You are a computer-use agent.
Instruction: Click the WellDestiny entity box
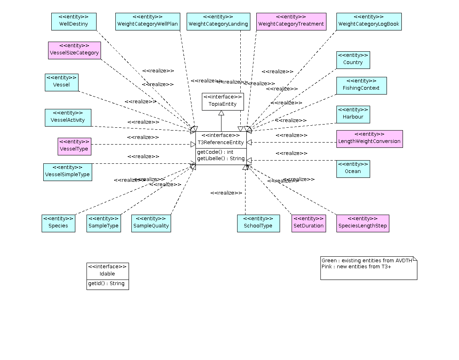(x=74, y=21)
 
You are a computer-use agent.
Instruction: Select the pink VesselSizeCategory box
(x=74, y=50)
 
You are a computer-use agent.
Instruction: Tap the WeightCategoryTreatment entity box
(x=291, y=21)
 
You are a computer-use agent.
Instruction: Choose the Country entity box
(x=353, y=60)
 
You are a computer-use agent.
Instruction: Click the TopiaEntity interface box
(x=222, y=101)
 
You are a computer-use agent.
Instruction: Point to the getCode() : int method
(x=215, y=152)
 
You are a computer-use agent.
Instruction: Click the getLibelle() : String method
(x=221, y=159)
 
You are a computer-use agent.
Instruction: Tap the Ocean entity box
(x=353, y=169)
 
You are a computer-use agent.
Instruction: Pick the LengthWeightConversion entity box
(x=369, y=139)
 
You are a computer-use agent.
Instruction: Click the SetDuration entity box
(x=308, y=223)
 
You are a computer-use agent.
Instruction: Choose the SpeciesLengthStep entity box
(x=362, y=223)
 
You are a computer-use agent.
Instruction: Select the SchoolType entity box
(x=258, y=223)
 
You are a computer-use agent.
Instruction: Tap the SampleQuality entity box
(x=151, y=223)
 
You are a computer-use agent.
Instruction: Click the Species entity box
(x=58, y=223)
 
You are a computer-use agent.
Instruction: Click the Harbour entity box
(x=353, y=114)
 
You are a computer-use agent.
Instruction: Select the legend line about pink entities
(x=356, y=267)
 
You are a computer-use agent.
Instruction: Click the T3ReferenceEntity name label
(x=221, y=143)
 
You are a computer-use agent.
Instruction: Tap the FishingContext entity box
(x=361, y=85)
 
